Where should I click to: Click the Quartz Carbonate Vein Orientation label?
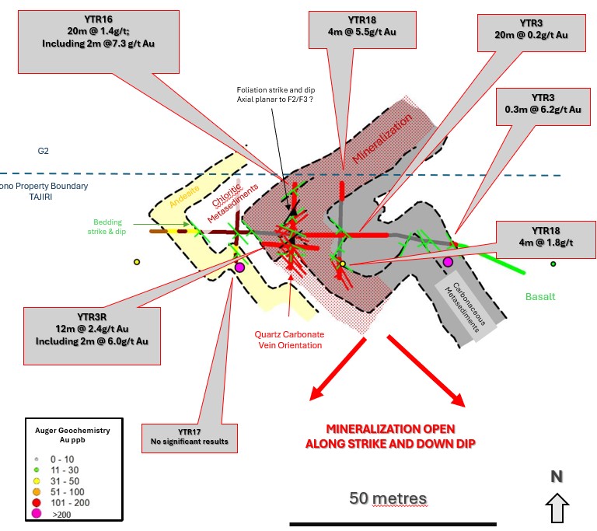(x=288, y=340)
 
